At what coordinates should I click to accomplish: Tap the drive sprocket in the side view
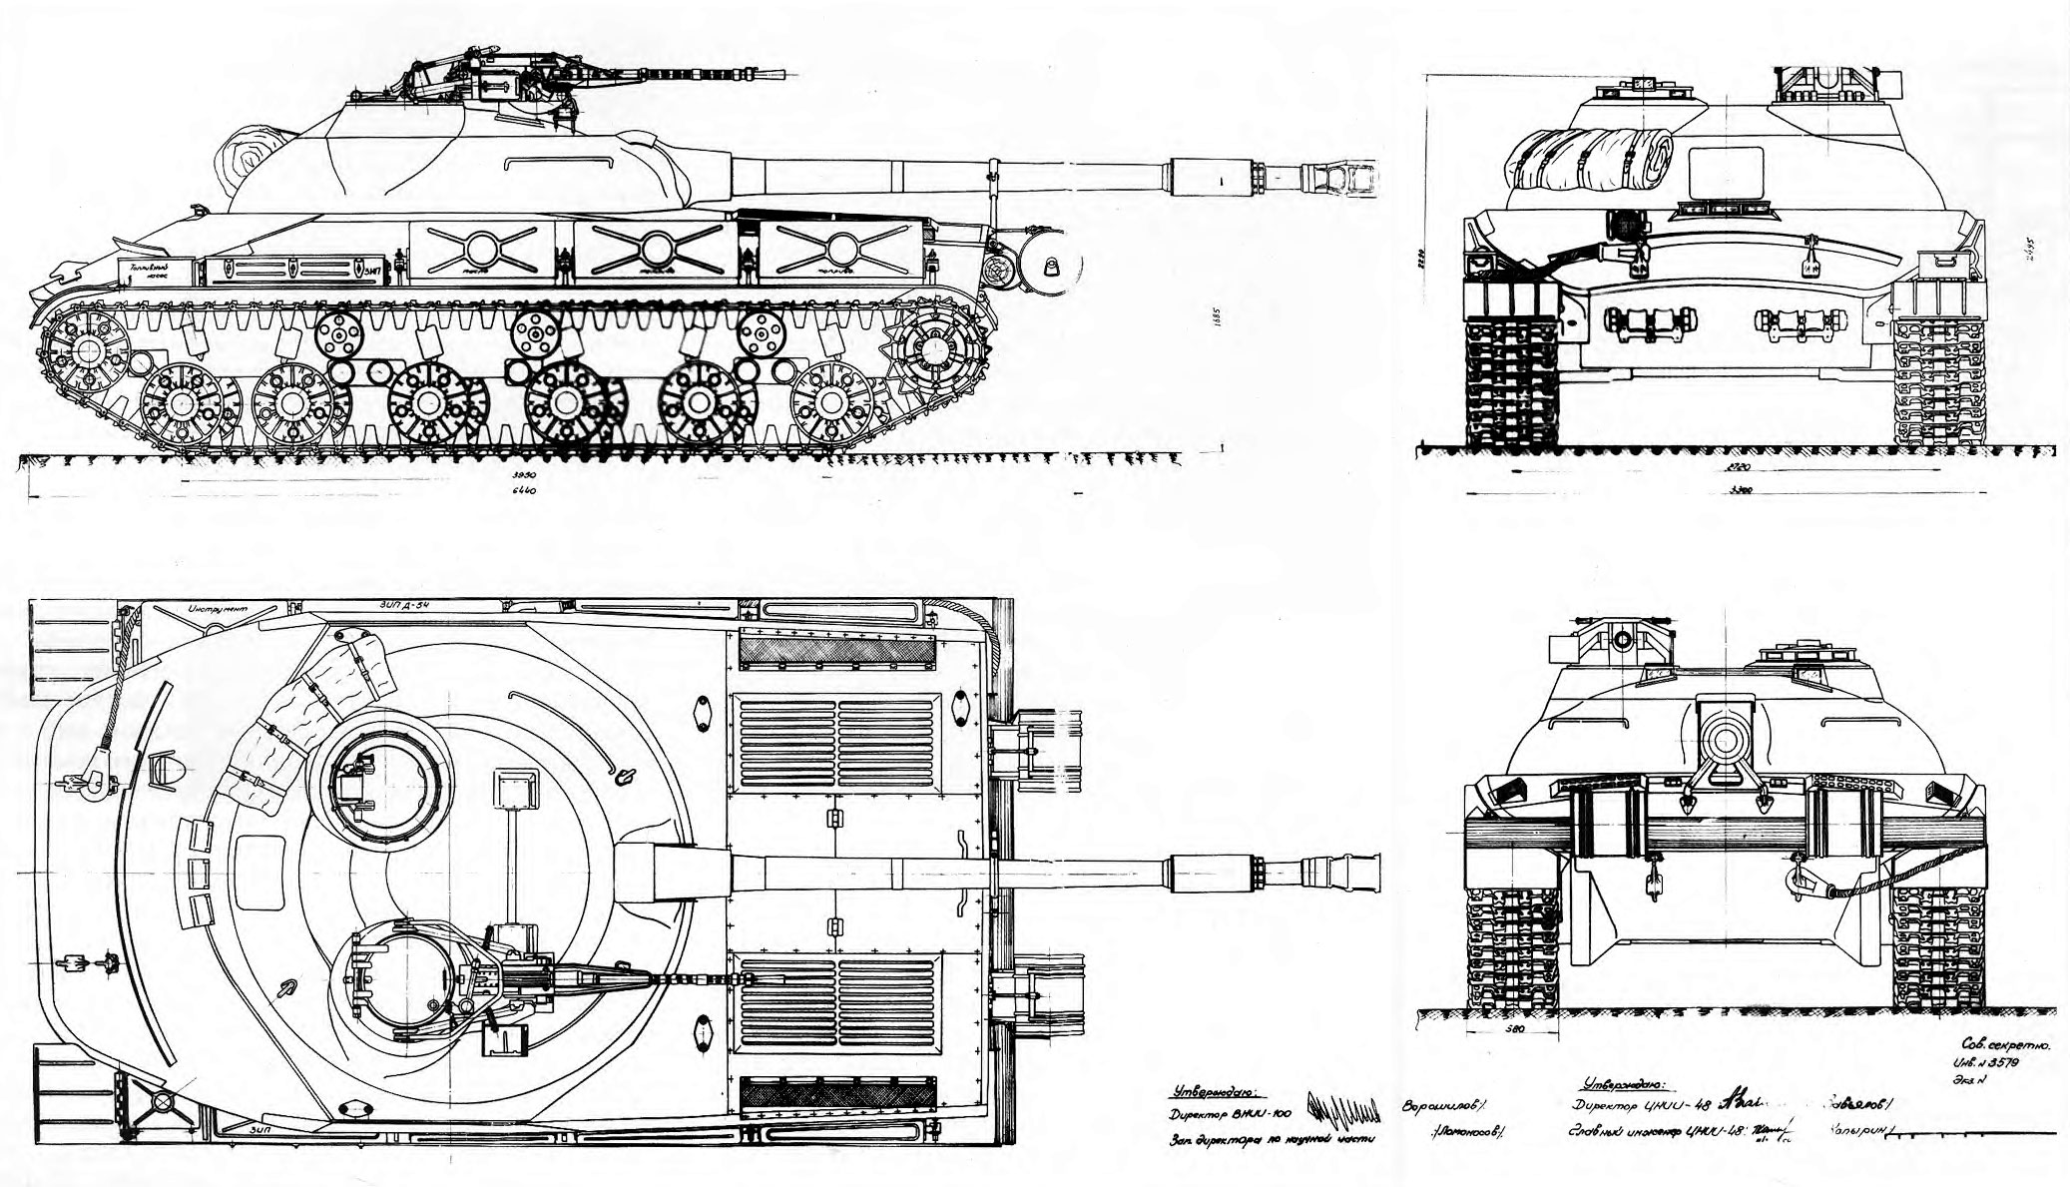tap(937, 349)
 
